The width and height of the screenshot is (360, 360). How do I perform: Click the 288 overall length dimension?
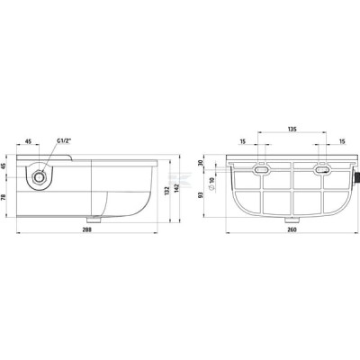87,229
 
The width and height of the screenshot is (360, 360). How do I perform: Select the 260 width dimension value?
292,229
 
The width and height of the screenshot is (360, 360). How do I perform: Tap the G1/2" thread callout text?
64,140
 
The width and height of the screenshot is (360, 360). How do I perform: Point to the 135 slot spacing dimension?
292,130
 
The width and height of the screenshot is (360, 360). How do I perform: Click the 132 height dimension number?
167,192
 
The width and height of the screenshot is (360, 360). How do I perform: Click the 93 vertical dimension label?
201,195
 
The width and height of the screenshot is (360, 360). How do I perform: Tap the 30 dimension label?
201,163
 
